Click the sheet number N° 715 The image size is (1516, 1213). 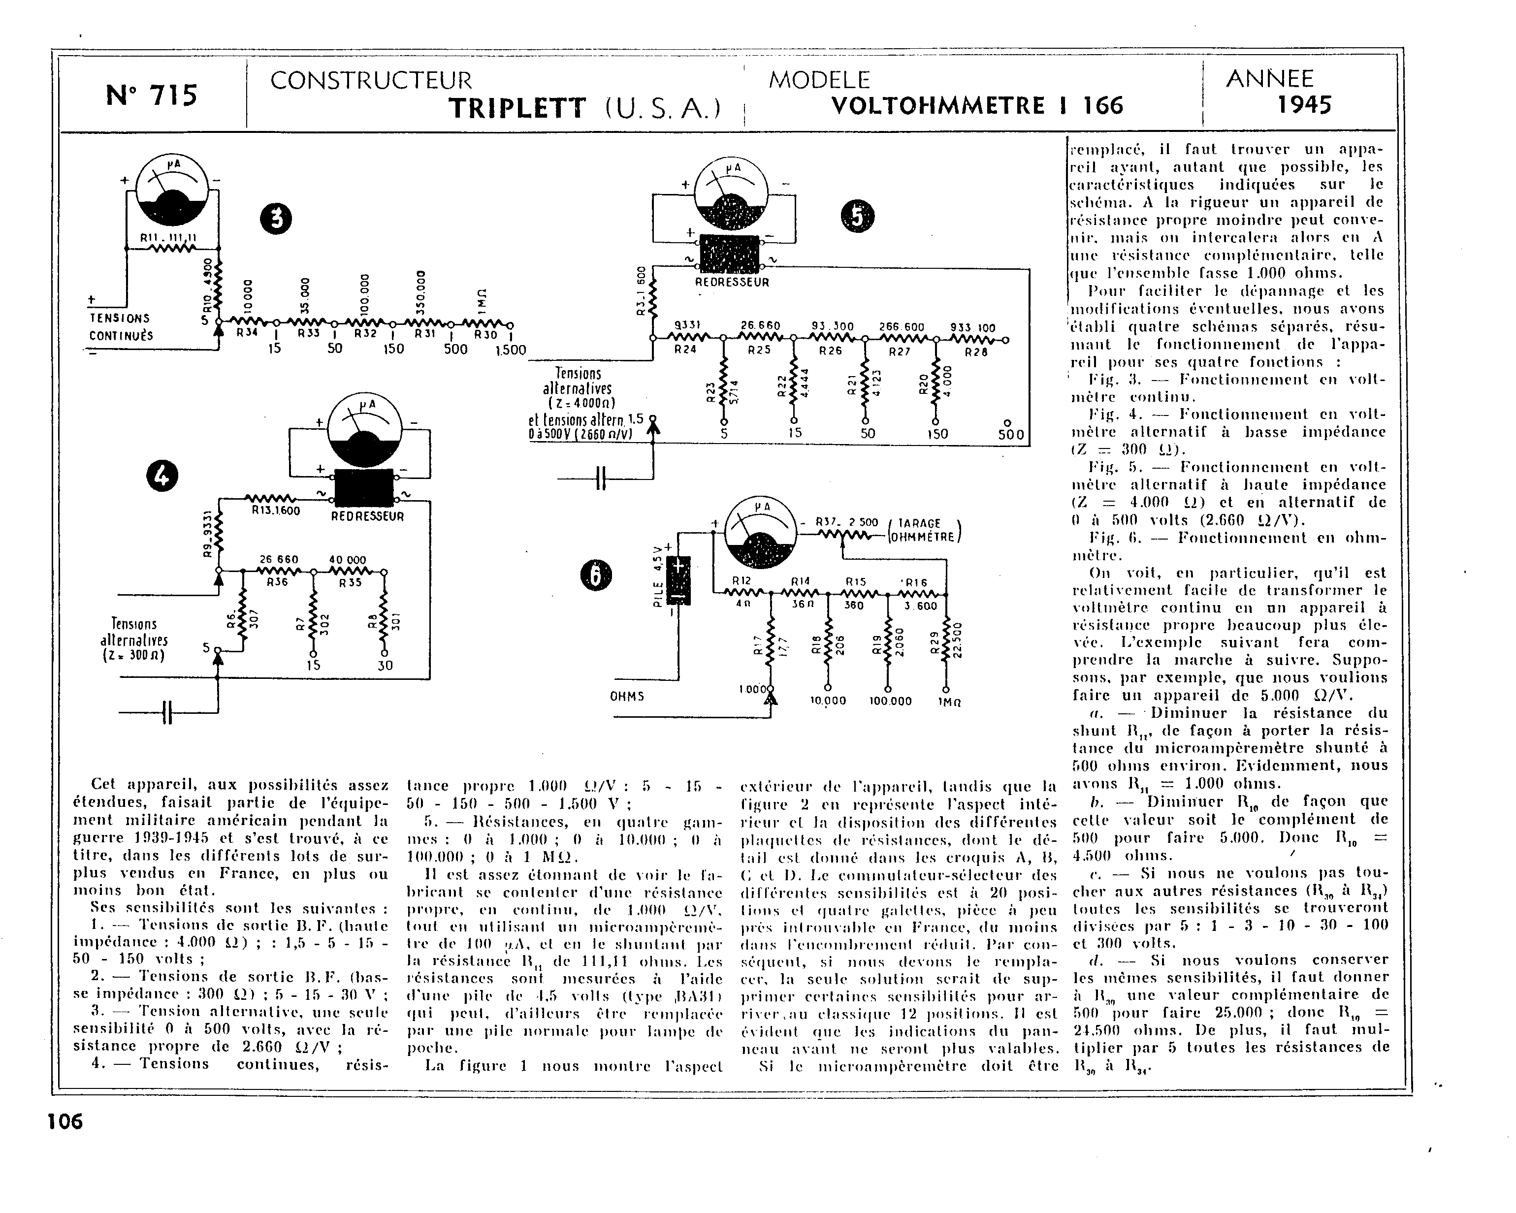[x=152, y=95]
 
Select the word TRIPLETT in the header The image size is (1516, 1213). [x=517, y=108]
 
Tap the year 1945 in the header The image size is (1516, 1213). [x=1304, y=105]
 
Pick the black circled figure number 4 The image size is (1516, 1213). [x=161, y=477]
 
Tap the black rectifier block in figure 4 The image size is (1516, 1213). [x=363, y=486]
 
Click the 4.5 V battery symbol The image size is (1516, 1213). [x=678, y=579]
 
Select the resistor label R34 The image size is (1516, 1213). [x=247, y=333]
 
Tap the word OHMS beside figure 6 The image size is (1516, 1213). [x=627, y=696]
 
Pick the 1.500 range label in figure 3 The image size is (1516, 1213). [x=511, y=350]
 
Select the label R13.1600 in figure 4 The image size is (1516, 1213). [x=276, y=511]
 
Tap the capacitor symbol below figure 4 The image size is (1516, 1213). [x=166, y=712]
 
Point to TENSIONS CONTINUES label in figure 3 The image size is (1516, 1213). [x=121, y=327]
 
